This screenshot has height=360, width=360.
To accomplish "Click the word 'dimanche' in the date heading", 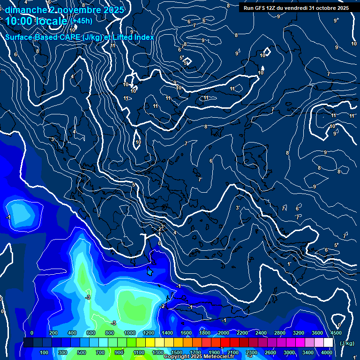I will (x=24, y=10).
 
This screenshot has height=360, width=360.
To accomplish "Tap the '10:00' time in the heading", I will (x=19, y=21).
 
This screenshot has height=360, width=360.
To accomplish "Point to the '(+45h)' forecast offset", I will (x=81, y=21).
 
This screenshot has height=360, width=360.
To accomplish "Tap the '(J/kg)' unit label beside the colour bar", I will (x=347, y=344).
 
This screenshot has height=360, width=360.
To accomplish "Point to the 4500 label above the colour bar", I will (x=336, y=333).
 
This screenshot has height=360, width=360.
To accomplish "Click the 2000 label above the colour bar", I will (x=224, y=333).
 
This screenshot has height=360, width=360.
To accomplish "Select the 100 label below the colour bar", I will (x=45, y=352).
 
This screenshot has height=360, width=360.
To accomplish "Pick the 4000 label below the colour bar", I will (x=327, y=352).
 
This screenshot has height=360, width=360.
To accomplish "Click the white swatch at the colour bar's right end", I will (x=329, y=343).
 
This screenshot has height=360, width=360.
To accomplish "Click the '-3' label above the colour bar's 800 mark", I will (x=113, y=323).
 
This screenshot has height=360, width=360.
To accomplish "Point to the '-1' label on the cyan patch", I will (x=8, y=217).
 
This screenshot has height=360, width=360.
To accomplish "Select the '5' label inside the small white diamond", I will (x=186, y=62).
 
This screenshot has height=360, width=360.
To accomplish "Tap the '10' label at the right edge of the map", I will (x=353, y=44).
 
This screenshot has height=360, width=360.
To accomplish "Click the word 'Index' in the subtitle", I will (x=144, y=37).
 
